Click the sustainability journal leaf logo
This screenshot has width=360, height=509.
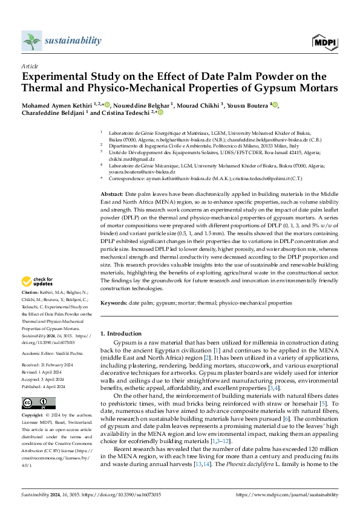(31, 41)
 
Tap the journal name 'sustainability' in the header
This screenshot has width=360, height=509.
(73, 41)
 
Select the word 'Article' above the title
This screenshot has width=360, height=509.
(30, 66)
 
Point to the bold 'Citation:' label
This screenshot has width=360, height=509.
(31, 292)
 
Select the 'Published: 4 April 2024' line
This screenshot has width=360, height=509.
(47, 386)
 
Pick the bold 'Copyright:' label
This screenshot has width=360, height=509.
(33, 417)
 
